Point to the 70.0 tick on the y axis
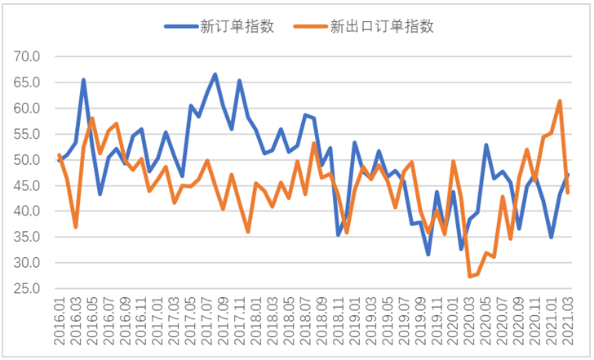28,57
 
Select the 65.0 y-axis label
28,82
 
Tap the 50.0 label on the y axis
28,160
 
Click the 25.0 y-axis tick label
28,289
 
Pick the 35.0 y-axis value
28,238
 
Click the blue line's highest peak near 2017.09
215,74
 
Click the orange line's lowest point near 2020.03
470,277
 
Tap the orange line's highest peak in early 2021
560,101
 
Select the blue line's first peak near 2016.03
83,80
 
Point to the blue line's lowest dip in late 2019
428,255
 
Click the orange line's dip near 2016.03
76,227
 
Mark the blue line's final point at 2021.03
568,174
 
